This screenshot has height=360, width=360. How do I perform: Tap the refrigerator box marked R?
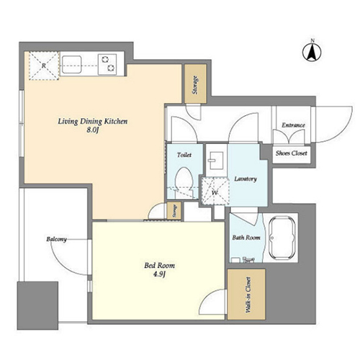coord(44,66)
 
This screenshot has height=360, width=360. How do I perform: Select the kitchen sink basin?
coord(71,65)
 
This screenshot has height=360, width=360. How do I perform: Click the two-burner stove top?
coord(107,64)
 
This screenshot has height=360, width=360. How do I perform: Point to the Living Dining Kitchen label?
coord(93,122)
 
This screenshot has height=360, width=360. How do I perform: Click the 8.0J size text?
coord(93,130)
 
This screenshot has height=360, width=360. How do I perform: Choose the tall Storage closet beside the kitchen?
coord(195,84)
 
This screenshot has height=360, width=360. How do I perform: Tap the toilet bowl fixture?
coord(184,182)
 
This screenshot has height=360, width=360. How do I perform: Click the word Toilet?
coord(184,155)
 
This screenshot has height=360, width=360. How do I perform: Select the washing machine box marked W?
coord(215,191)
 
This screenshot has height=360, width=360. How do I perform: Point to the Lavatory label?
coord(246,179)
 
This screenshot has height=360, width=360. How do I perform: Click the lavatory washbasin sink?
coord(216,161)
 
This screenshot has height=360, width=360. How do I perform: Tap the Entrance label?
coord(293,125)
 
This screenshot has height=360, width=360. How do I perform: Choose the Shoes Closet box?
coord(292,153)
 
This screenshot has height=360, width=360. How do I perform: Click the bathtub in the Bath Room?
coord(282,238)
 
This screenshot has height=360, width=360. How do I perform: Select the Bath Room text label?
coord(246,238)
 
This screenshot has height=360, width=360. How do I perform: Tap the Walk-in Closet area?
coord(246,294)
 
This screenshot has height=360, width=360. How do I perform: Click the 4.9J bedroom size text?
coord(160,274)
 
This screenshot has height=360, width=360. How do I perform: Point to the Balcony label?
coord(56,239)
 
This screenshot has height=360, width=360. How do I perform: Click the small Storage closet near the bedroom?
coord(174,210)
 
